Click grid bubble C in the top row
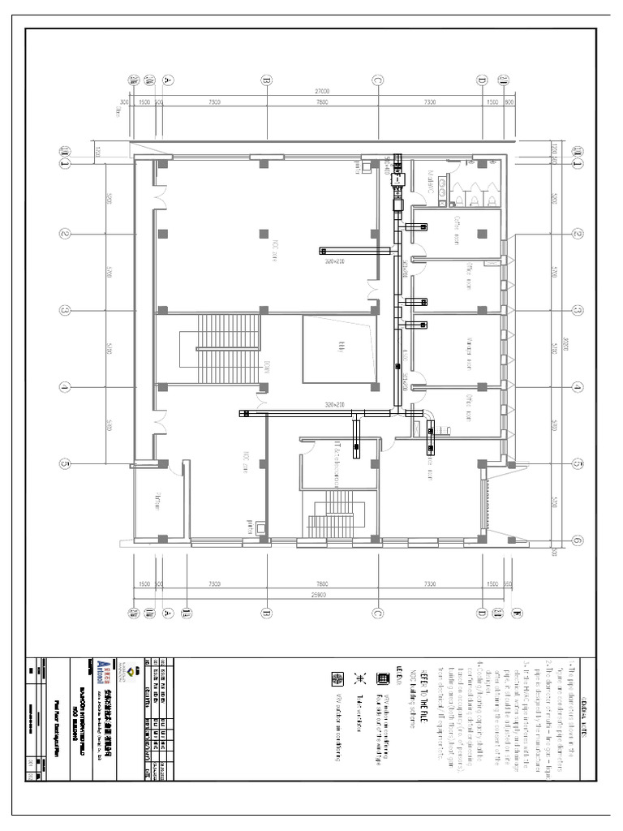tap(377, 80)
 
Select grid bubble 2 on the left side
tap(65, 234)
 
